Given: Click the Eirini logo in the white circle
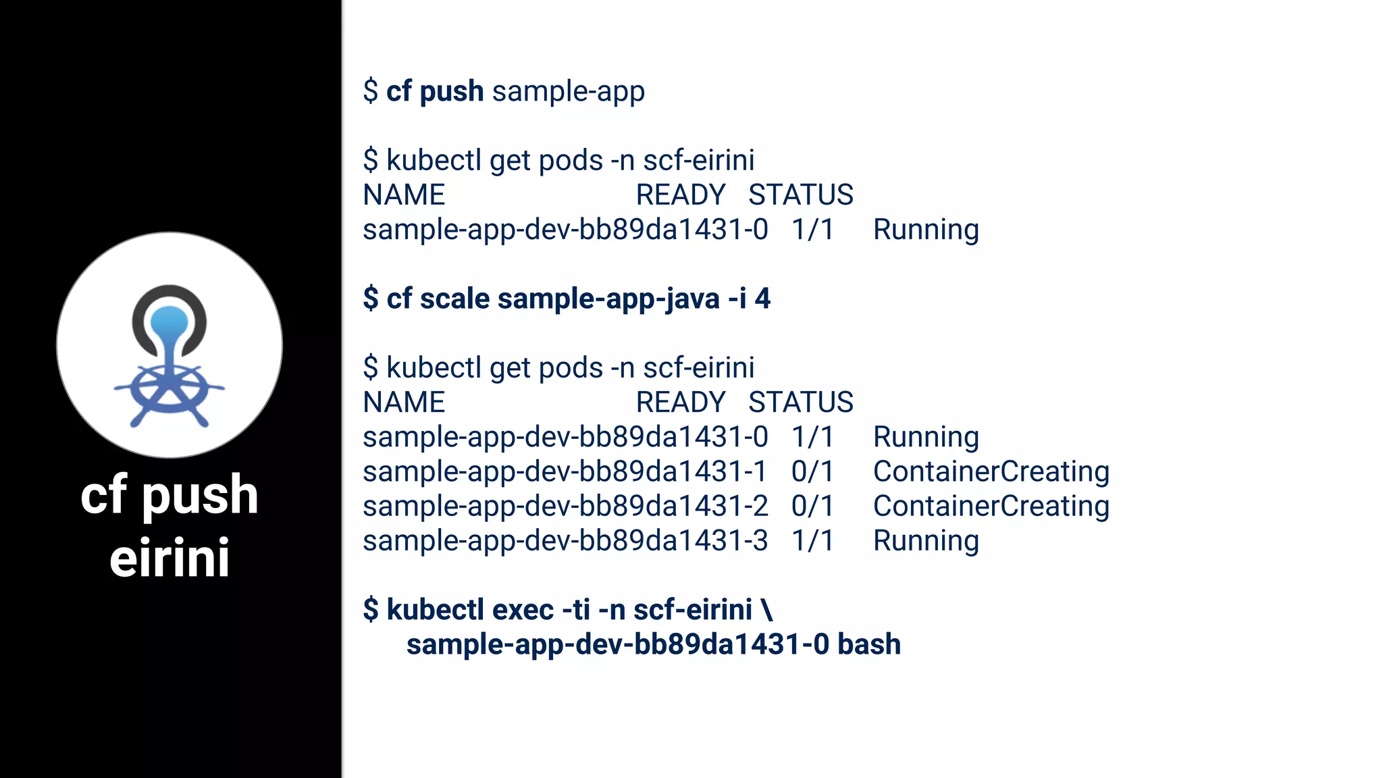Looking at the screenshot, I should coord(169,355).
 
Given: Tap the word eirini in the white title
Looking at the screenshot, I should coord(169,559).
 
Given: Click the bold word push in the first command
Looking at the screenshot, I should coord(451,92).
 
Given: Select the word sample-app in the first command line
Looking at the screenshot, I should coord(569,92).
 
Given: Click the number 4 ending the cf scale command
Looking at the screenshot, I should coord(762,299).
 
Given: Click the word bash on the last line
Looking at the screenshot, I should coord(869,644).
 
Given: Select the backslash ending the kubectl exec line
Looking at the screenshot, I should coord(766,609).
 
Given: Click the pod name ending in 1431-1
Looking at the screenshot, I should coord(565,471).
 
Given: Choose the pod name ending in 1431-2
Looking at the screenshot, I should coord(565,506).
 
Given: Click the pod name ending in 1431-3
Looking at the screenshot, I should coord(565,541).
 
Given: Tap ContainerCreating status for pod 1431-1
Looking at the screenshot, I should coord(991,471).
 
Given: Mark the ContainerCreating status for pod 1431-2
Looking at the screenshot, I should coord(991,506).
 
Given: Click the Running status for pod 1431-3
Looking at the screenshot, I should coord(926,541).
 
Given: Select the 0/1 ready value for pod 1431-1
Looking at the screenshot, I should coord(813,471).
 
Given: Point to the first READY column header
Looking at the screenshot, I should coord(681,195).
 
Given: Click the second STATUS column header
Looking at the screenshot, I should coord(801,403).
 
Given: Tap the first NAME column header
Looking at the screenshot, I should coord(404,195).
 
